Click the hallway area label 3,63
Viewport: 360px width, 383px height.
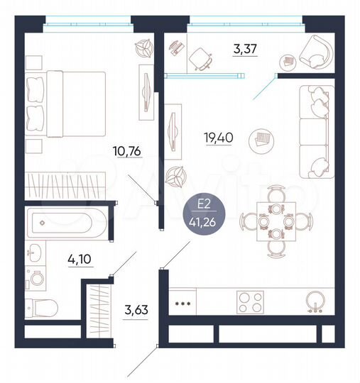coord(136,310)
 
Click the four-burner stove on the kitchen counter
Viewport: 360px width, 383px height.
coord(250,302)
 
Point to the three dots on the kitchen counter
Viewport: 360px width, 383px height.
coord(182,303)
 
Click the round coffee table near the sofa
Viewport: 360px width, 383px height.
coord(261,140)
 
